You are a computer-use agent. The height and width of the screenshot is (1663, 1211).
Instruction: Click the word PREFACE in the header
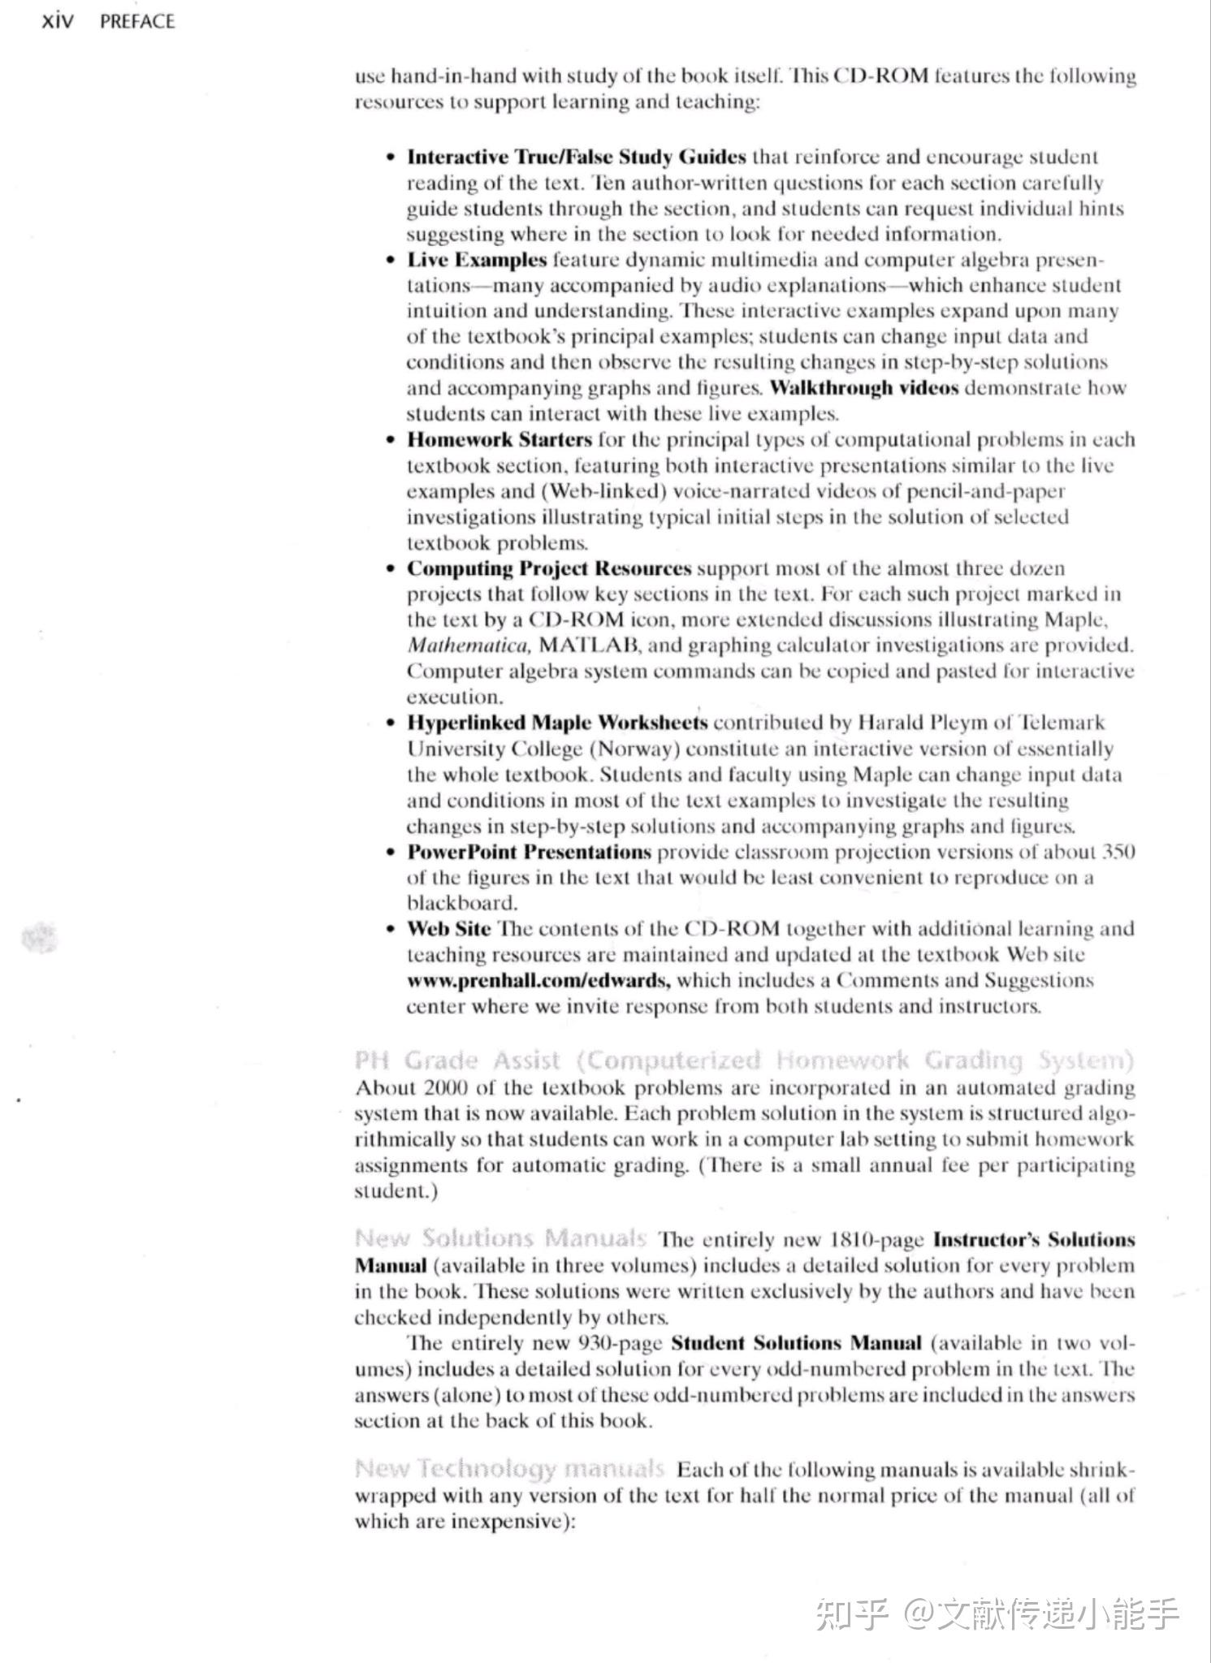pos(137,21)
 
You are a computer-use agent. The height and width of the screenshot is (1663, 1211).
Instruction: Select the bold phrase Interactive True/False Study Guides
pos(576,156)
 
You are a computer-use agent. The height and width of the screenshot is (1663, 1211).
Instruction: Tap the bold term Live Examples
pos(477,260)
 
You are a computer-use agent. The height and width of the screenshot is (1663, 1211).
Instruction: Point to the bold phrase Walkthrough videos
pos(864,387)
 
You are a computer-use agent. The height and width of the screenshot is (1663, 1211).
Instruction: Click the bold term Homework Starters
pos(500,439)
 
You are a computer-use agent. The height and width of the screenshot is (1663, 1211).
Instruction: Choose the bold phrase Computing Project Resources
pos(549,568)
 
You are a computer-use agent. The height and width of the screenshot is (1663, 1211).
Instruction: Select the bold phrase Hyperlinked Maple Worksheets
pos(557,723)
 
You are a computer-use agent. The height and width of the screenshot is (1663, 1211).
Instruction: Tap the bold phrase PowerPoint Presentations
pos(529,852)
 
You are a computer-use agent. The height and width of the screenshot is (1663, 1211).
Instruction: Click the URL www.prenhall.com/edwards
pos(538,980)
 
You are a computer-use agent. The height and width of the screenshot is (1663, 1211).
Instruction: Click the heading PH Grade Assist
pos(457,1060)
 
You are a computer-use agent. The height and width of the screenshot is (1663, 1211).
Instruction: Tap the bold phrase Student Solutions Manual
pos(796,1343)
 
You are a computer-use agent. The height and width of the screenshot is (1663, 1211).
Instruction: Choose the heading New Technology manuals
pos(509,1469)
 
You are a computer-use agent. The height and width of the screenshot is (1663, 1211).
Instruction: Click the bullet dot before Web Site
pos(391,929)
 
